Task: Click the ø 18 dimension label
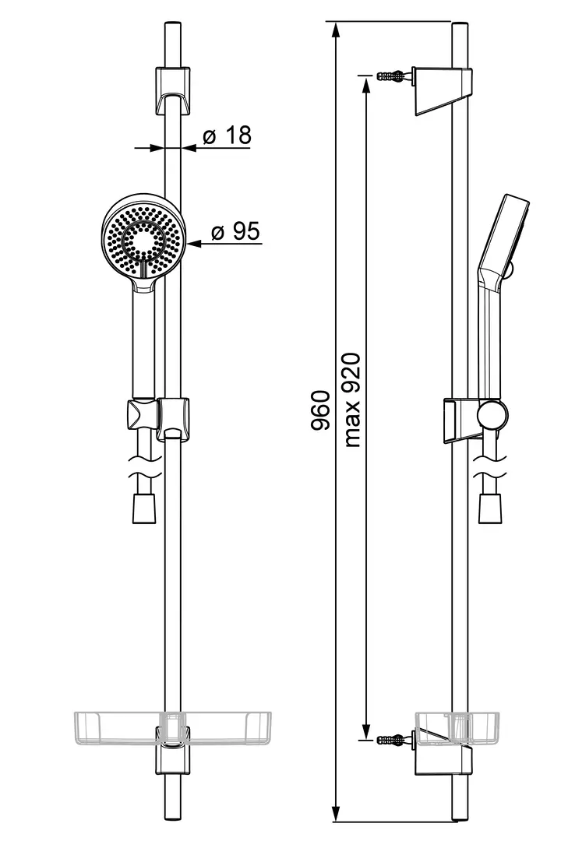(227, 135)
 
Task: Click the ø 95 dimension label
(235, 231)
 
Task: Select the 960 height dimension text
(320, 410)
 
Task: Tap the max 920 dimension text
(351, 400)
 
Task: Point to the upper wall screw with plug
(394, 75)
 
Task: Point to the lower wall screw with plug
(394, 740)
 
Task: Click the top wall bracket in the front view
(173, 90)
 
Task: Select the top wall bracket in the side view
(443, 91)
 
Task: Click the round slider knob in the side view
(492, 416)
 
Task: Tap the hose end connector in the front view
(144, 508)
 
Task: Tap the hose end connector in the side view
(491, 508)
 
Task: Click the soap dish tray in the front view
(172, 728)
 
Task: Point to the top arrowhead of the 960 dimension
(336, 30)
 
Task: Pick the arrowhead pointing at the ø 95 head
(193, 244)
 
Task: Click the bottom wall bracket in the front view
(173, 750)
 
